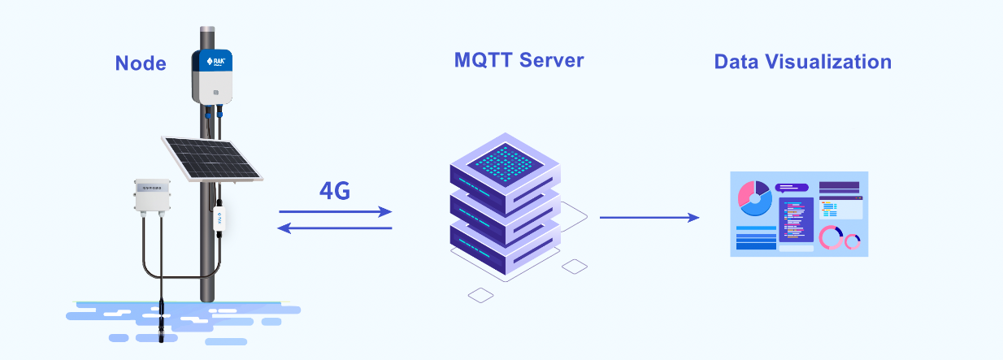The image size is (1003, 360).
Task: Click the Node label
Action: [141, 63]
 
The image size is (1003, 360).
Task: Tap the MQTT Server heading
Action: [519, 60]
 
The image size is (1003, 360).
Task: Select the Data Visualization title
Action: [803, 62]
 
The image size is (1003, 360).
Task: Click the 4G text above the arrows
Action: [335, 191]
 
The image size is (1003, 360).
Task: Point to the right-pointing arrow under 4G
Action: [336, 211]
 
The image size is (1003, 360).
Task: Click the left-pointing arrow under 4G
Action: [335, 228]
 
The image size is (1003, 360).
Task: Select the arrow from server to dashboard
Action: [649, 218]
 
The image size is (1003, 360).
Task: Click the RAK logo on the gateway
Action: [216, 61]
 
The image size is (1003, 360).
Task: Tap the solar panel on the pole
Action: [212, 159]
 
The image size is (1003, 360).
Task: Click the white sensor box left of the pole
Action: [152, 196]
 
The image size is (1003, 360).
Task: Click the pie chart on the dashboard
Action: [755, 198]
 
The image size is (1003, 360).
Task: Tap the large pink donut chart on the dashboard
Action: [831, 237]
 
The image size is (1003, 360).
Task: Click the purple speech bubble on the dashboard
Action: [791, 188]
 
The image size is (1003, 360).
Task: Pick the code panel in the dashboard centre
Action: [796, 219]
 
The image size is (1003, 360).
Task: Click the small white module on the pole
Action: [219, 218]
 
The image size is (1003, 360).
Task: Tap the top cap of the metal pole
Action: [207, 29]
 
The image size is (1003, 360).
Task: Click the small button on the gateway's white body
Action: [216, 93]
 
